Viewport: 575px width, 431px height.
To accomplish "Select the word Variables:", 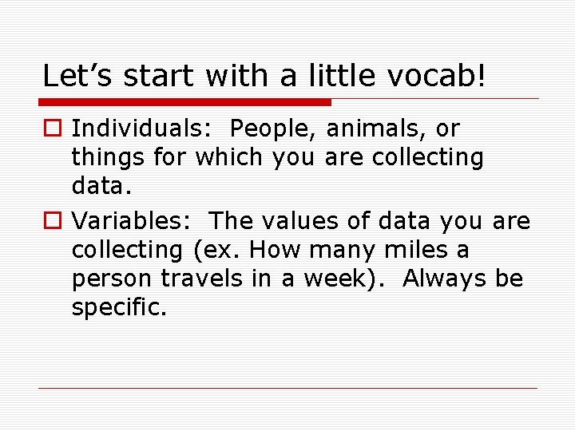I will point(127,220).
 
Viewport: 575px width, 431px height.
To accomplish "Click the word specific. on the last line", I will point(119,308).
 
